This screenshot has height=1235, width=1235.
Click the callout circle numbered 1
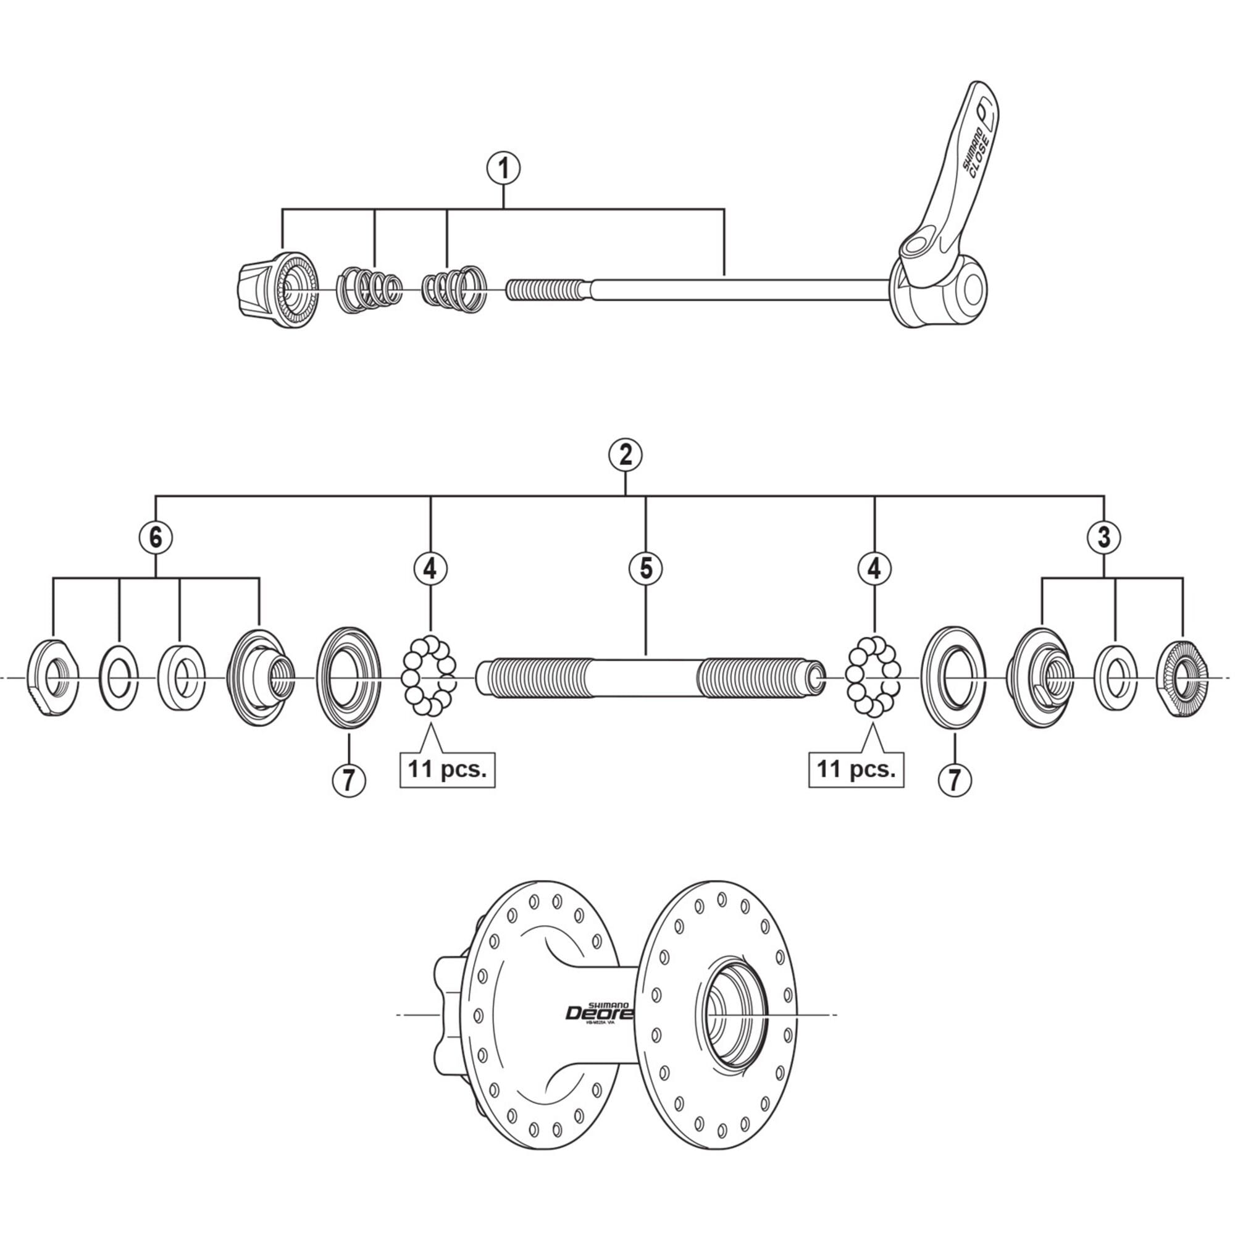(x=504, y=169)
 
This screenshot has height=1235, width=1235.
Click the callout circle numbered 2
(x=625, y=454)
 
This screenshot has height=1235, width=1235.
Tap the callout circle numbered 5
(x=646, y=568)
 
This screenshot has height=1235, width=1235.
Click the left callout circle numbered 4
(x=430, y=568)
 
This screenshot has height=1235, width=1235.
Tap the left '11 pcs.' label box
(x=448, y=769)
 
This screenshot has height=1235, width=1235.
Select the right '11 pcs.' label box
(x=856, y=769)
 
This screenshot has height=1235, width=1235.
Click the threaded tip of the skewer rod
(x=543, y=289)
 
